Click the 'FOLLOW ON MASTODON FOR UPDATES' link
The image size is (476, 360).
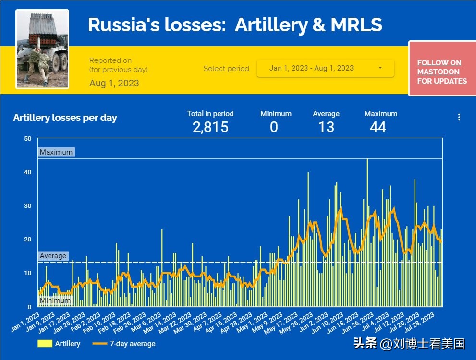(x=442, y=72)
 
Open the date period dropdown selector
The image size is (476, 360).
(x=326, y=68)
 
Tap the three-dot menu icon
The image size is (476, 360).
(x=459, y=117)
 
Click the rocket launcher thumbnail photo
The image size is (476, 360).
(x=42, y=49)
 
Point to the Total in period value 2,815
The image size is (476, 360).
(x=210, y=127)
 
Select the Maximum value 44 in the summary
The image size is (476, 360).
(x=378, y=127)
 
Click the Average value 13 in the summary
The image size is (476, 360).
(x=326, y=127)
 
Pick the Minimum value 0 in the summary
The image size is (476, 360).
(x=274, y=127)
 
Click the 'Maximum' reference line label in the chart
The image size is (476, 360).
(x=56, y=152)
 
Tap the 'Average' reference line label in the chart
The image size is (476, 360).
(x=53, y=256)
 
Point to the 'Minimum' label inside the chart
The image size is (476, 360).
(x=55, y=300)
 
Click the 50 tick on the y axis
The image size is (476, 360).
(x=28, y=139)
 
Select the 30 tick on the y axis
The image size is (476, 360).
(x=28, y=206)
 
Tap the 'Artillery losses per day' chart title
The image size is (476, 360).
(x=65, y=118)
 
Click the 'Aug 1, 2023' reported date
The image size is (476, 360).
(x=114, y=83)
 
